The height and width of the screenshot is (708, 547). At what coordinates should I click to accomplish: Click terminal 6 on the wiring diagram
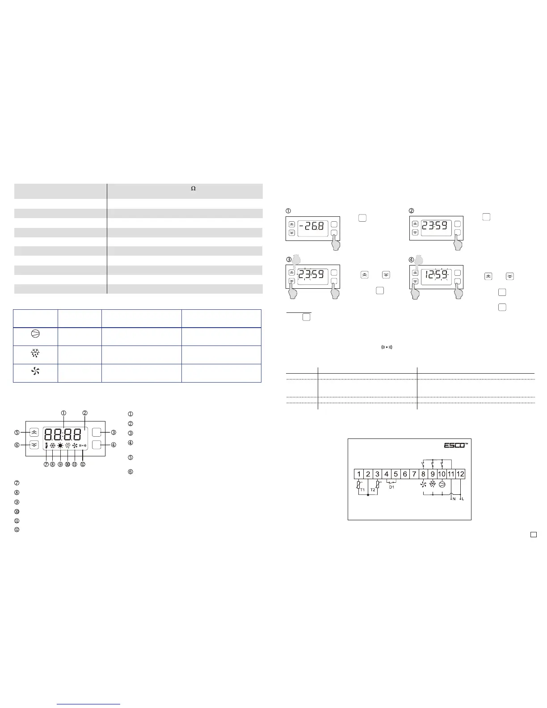405,474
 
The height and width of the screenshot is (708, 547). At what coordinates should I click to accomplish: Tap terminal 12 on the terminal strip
460,474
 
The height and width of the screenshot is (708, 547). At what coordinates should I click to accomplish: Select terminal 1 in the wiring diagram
359,474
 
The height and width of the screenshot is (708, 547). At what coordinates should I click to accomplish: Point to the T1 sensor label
362,490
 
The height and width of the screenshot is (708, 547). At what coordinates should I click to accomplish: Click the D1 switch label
391,487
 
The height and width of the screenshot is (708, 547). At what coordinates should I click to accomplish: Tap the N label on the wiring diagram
454,499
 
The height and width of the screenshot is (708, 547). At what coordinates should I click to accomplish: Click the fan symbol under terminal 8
423,485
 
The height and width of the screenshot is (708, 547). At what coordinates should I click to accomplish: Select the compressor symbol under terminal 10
442,485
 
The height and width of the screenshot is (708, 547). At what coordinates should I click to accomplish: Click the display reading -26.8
311,226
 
